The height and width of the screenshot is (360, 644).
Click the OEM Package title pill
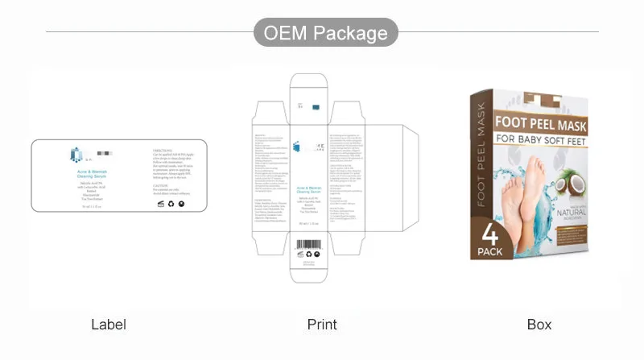(x=326, y=34)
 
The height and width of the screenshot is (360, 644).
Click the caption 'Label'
(x=109, y=325)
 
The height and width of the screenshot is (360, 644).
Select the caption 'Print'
(x=322, y=325)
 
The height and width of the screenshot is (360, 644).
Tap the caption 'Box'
(x=539, y=325)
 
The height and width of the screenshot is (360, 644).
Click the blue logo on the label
(x=77, y=155)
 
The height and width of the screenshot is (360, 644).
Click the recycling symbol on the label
(x=170, y=203)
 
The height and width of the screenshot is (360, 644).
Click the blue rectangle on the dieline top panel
(x=316, y=105)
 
